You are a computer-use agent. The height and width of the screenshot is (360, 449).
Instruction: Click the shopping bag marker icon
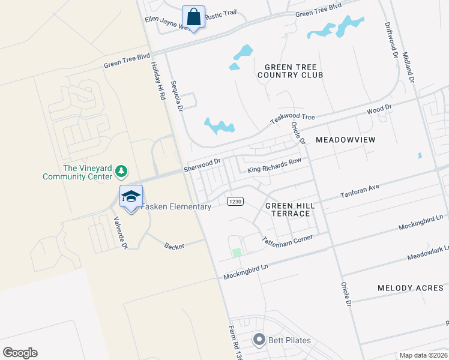point(193,17)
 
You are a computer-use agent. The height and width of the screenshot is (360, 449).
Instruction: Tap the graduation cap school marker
point(131,196)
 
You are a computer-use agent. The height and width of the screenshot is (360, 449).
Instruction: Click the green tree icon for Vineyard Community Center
point(121,172)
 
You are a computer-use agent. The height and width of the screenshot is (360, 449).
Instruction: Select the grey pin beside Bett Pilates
point(259,340)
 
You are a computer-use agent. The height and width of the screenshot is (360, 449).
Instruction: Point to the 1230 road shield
point(235,202)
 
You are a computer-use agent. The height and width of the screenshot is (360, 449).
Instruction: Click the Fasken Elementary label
point(176,207)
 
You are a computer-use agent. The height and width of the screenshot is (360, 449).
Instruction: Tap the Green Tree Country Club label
point(290,71)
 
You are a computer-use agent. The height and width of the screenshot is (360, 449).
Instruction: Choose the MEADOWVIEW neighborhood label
point(345,140)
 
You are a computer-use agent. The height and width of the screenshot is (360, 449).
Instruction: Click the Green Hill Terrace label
point(288,209)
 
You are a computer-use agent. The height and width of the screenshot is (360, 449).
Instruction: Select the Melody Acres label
point(410,288)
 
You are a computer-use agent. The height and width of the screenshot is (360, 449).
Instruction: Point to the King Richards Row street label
point(274,166)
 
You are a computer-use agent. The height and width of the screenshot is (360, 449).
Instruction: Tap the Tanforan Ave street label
point(360,191)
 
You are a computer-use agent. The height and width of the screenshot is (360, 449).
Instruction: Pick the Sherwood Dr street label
point(203,163)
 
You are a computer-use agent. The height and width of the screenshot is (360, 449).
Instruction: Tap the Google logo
point(20,353)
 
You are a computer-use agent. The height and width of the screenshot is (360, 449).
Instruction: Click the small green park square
point(237,253)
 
